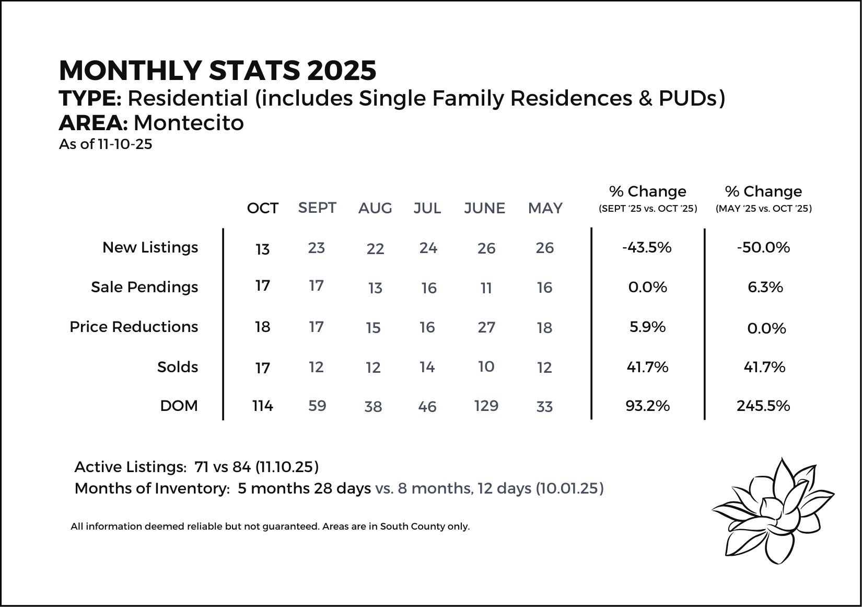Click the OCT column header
[263, 209]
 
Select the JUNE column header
[484, 209]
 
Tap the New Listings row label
[150, 248]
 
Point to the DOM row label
[179, 406]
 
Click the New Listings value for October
[263, 249]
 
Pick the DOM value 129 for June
[486, 406]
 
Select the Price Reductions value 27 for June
[486, 327]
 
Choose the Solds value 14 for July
[427, 367]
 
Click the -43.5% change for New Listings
[647, 247]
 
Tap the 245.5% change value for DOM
[763, 406]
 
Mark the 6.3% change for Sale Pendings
[765, 288]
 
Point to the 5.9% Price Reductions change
[648, 327]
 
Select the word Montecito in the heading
[189, 123]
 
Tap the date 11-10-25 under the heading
[125, 144]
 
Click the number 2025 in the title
[342, 71]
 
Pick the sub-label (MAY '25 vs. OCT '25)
[764, 209]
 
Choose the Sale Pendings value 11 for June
[486, 288]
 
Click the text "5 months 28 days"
[304, 489]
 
